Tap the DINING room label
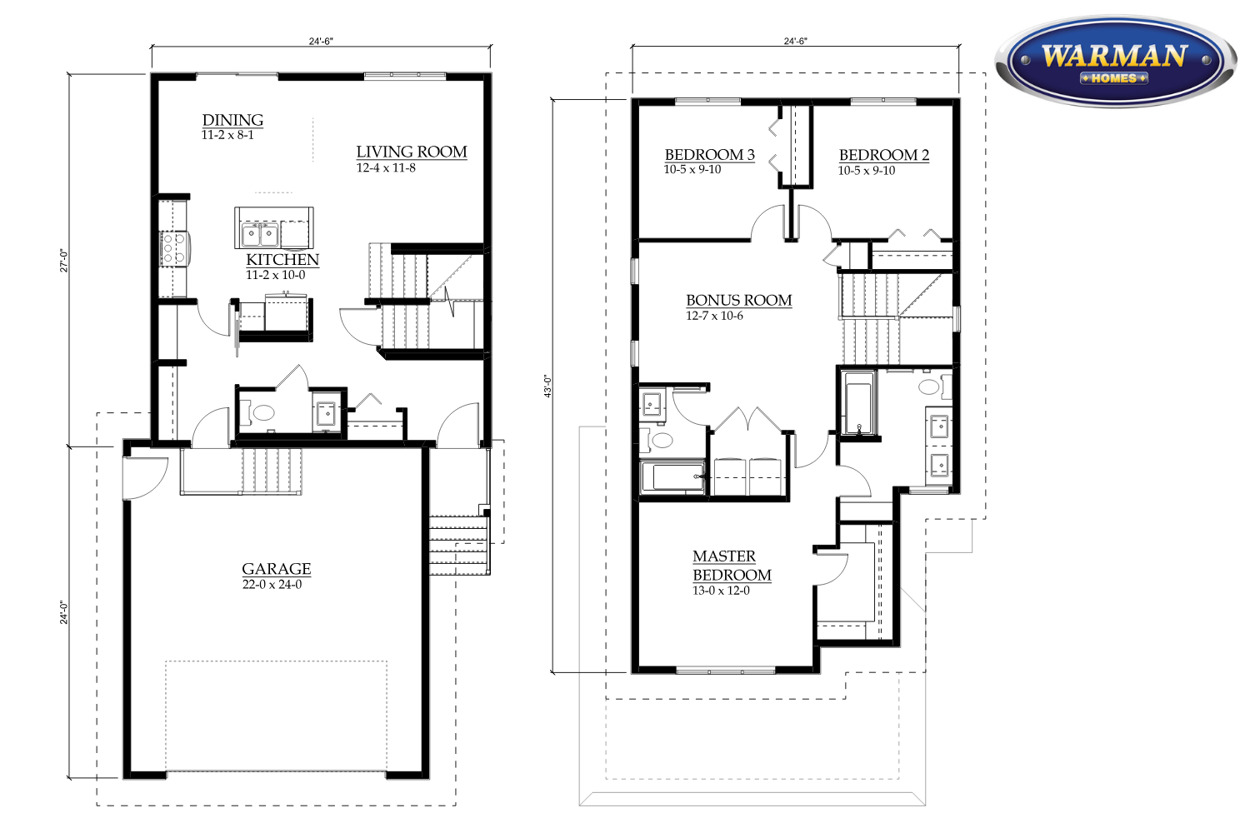pyautogui.click(x=232, y=120)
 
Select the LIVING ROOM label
pyautogui.click(x=412, y=152)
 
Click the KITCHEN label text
pyautogui.click(x=282, y=259)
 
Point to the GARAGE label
pyautogui.click(x=276, y=569)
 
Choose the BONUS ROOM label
pyautogui.click(x=739, y=300)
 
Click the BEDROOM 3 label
pyautogui.click(x=709, y=155)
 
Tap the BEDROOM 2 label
pyautogui.click(x=884, y=155)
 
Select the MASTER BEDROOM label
pyautogui.click(x=732, y=566)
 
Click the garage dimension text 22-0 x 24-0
pyautogui.click(x=272, y=585)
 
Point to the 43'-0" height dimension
pyautogui.click(x=548, y=386)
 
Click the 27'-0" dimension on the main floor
pyautogui.click(x=64, y=260)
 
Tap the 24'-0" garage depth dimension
pyautogui.click(x=64, y=612)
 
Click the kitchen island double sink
pyautogui.click(x=260, y=234)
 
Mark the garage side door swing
pyautogui.click(x=144, y=477)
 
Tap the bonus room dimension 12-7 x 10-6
pyautogui.click(x=714, y=316)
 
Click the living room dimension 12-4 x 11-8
pyautogui.click(x=386, y=168)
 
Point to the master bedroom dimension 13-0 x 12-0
pyautogui.click(x=721, y=591)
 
